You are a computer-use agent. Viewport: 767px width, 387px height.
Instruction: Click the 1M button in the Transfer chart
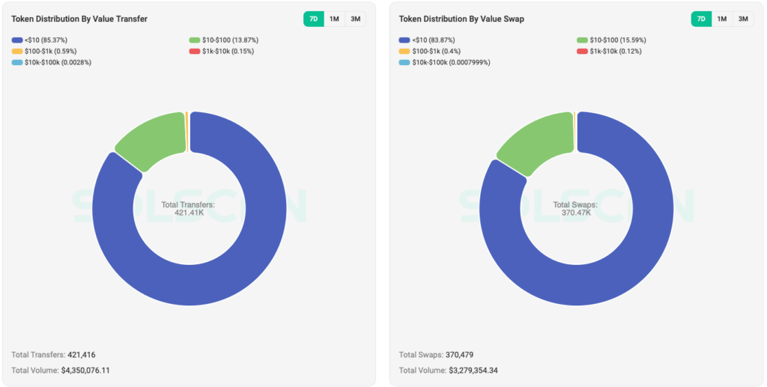(334, 19)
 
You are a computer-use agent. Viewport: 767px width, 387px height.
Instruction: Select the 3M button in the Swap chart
(743, 19)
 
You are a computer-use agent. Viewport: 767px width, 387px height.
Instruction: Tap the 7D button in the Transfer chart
(313, 19)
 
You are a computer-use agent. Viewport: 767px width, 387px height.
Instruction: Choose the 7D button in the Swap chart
(701, 19)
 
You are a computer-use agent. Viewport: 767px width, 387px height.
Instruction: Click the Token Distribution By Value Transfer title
(79, 19)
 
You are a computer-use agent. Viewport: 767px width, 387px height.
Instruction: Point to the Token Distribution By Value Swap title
(461, 19)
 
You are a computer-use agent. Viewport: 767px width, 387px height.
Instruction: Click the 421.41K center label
(189, 213)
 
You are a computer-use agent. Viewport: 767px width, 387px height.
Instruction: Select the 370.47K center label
(576, 213)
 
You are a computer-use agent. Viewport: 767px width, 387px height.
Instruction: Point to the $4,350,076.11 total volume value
(85, 371)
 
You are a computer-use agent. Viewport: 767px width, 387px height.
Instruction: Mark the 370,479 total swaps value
(459, 355)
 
